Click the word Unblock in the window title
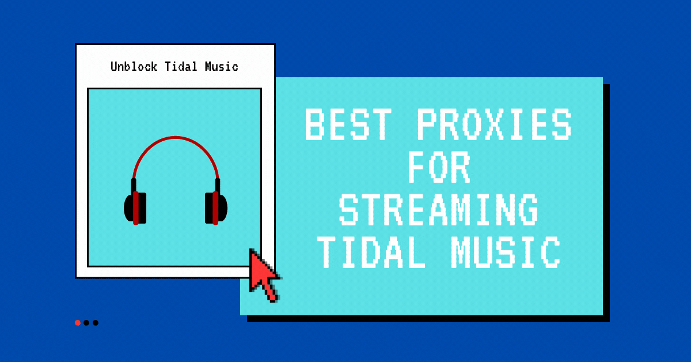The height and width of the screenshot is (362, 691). click(134, 66)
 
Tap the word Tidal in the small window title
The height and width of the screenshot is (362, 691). click(181, 66)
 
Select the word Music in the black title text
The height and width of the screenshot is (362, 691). click(222, 66)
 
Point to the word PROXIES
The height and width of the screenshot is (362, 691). click(495, 124)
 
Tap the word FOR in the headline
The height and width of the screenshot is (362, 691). click(439, 167)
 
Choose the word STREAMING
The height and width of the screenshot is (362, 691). click(439, 209)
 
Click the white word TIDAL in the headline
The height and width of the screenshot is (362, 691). click(371, 252)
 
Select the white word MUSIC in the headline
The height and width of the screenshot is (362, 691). click(506, 252)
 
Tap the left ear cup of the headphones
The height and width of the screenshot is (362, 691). click(135, 208)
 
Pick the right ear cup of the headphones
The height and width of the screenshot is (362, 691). click(216, 208)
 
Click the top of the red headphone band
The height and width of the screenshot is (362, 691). click(176, 137)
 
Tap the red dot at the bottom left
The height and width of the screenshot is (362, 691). click(78, 323)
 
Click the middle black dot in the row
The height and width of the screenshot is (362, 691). click(86, 323)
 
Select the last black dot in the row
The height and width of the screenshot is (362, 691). click(96, 323)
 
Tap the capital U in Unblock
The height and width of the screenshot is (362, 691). click(114, 66)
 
